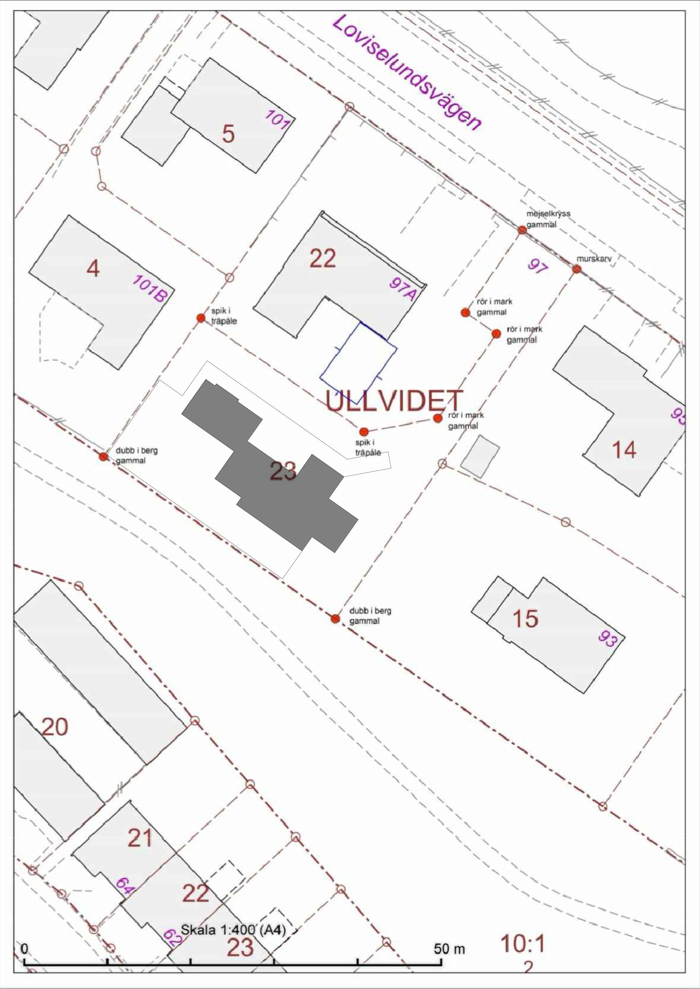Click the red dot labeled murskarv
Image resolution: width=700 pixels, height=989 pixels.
(x=576, y=269)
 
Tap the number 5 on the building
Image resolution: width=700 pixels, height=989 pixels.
(x=228, y=134)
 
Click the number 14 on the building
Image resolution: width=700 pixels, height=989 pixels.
(x=624, y=450)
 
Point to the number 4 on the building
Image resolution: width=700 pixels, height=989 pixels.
(x=93, y=269)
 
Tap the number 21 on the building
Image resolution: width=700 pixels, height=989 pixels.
(x=140, y=838)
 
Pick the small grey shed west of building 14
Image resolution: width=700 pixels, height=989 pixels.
(x=480, y=457)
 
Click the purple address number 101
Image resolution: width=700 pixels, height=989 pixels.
(x=276, y=119)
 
